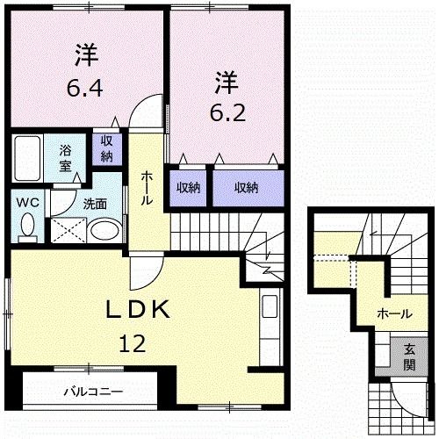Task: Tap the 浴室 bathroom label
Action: (x=66, y=156)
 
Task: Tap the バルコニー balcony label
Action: (x=93, y=392)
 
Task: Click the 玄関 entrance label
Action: (x=410, y=356)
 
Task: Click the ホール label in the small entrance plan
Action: (x=394, y=313)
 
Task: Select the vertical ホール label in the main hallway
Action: (x=147, y=187)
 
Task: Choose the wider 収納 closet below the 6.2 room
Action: (x=246, y=186)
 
